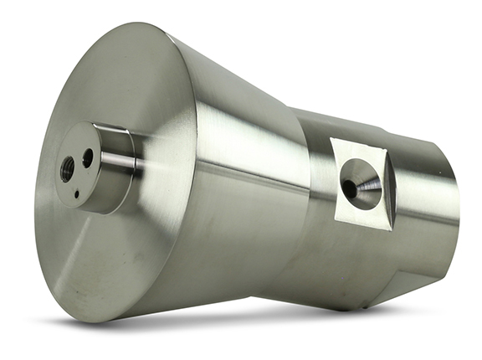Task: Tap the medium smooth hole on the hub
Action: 87,157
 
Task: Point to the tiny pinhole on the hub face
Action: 76,194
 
